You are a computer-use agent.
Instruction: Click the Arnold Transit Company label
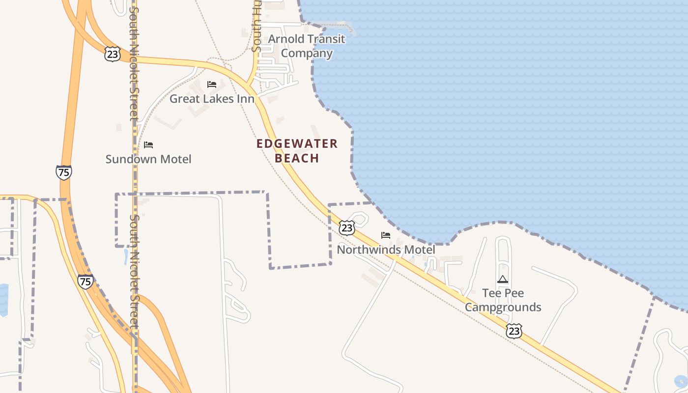pos(307,46)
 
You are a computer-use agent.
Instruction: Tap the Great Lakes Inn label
pos(212,99)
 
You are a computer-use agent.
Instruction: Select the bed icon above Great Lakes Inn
pos(212,84)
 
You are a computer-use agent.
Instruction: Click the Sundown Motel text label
pos(148,159)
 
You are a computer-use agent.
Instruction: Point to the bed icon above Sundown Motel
pos(148,145)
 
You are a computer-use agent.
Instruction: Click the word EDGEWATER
pos(297,144)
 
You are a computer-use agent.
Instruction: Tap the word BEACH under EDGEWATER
pos(297,158)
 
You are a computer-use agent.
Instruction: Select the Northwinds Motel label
pos(386,250)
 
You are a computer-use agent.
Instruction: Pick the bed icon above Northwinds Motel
pos(386,235)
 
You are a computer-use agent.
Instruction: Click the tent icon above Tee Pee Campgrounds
pos(502,280)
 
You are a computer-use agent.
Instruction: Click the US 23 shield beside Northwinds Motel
pos(347,228)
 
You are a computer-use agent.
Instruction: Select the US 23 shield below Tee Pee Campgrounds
pos(514,331)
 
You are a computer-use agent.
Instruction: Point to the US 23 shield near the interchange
pos(112,54)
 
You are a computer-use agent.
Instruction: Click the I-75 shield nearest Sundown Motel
pos(63,172)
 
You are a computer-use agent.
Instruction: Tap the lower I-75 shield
pos(85,281)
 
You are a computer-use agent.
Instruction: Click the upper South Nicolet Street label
pos(134,64)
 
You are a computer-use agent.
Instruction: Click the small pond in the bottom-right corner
pos(681,381)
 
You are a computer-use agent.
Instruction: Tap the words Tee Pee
pos(503,293)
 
